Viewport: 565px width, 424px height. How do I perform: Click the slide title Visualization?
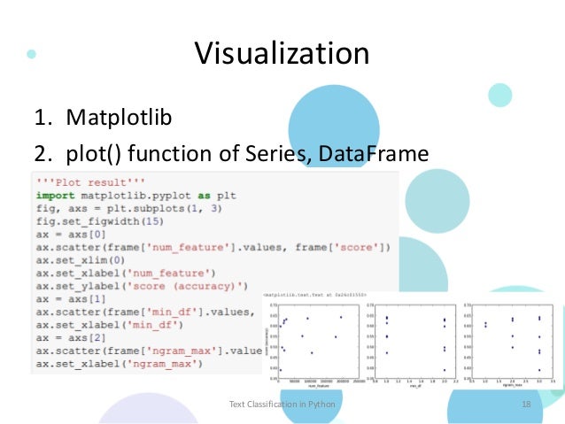coord(282,55)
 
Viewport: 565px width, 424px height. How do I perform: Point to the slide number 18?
coord(526,404)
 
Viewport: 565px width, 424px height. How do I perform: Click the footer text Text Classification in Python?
coord(282,404)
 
